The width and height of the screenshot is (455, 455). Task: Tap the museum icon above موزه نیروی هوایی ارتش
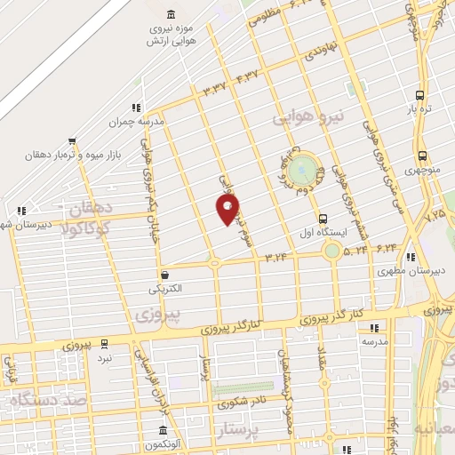171,15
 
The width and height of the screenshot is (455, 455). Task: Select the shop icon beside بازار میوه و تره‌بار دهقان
72,140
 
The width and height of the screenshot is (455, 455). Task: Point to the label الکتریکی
165,290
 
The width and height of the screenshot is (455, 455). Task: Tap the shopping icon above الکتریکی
165,275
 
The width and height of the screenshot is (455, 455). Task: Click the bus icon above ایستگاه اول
322,219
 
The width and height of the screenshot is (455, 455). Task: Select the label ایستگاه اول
322,235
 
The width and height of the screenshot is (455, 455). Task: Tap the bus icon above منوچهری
420,154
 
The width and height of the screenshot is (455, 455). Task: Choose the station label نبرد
105,356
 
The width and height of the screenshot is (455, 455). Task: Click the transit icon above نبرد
105,342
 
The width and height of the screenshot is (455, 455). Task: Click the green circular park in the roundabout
305,167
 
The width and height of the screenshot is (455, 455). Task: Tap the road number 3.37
215,89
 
